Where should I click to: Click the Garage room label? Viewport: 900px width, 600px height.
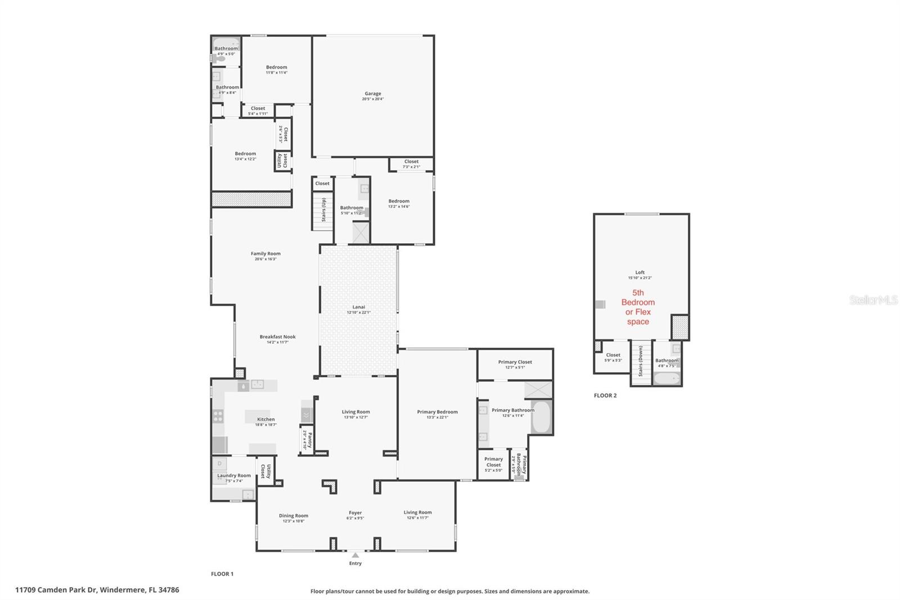[372, 94]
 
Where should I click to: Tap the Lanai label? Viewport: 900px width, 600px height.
[358, 307]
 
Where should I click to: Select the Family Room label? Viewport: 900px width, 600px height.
[265, 254]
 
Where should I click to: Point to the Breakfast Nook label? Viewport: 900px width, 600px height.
[277, 337]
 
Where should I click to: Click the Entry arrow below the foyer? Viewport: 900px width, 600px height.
[355, 556]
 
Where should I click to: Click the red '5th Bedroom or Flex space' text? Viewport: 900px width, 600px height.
[638, 307]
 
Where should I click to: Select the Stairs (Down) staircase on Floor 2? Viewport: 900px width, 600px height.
[640, 362]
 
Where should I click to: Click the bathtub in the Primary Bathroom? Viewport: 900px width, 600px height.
[541, 417]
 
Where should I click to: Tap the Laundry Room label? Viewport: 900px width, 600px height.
[234, 476]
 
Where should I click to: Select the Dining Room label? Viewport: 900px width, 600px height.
[293, 516]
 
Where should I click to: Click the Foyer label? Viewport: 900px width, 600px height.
[355, 513]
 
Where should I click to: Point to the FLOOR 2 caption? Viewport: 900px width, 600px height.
[605, 396]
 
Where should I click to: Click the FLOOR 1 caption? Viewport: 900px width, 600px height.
[222, 574]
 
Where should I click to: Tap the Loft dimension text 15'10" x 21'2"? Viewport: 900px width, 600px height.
[640, 278]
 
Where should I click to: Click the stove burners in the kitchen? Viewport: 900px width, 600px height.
[218, 417]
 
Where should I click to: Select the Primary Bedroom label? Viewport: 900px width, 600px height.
[437, 412]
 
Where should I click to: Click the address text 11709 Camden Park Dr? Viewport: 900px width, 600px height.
[56, 590]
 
